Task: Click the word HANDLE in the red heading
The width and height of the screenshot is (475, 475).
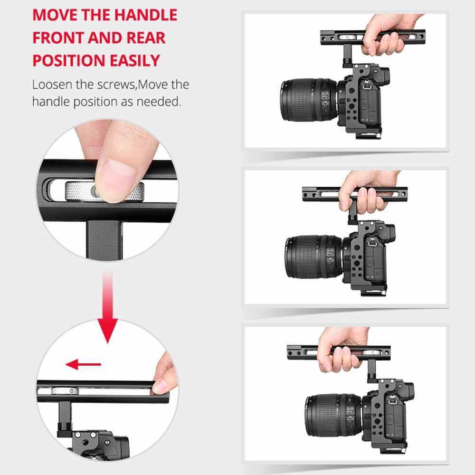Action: pyautogui.click(x=146, y=15)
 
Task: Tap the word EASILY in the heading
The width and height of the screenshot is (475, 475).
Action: pyautogui.click(x=134, y=60)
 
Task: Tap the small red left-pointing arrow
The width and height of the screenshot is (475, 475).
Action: pyautogui.click(x=83, y=364)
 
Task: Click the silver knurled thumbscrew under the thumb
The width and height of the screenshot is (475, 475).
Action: pyautogui.click(x=104, y=191)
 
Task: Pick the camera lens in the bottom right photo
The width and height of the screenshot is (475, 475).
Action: pyautogui.click(x=334, y=415)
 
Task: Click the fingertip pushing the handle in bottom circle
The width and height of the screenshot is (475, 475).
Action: pyautogui.click(x=160, y=386)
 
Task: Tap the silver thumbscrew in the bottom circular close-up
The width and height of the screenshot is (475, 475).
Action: pyautogui.click(x=65, y=391)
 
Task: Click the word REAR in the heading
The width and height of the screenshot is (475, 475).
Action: pyautogui.click(x=146, y=38)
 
